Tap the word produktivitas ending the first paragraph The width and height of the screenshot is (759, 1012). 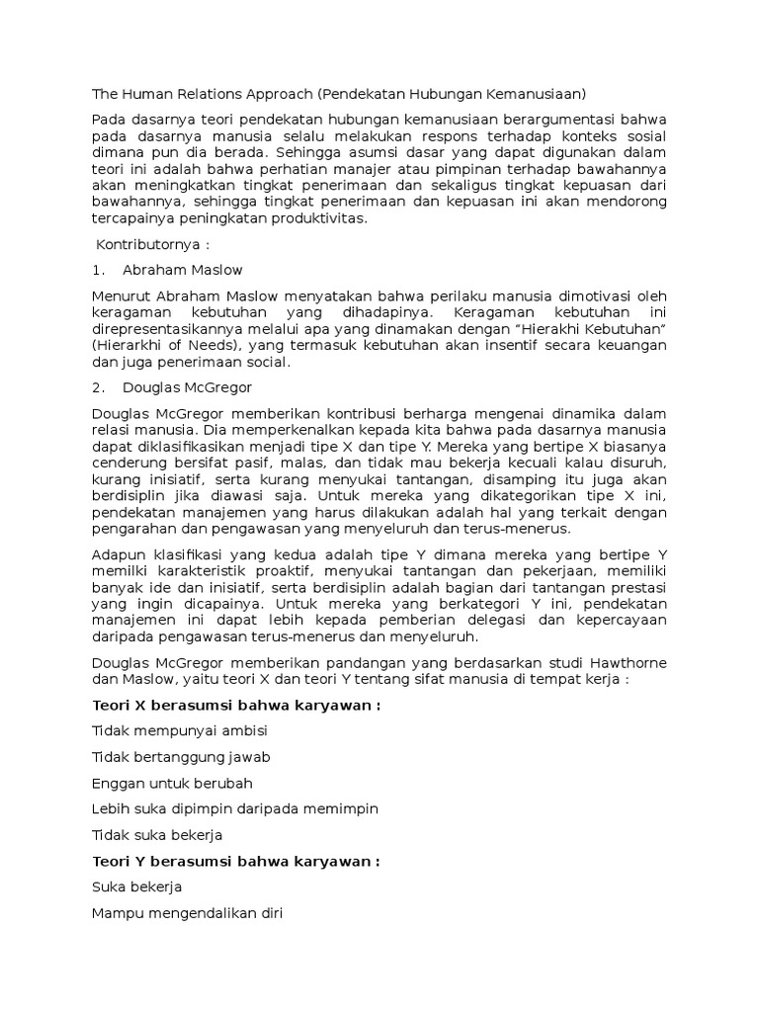[x=317, y=218]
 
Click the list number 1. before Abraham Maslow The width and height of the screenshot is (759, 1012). [x=98, y=269]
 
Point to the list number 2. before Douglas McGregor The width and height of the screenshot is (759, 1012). [x=98, y=387]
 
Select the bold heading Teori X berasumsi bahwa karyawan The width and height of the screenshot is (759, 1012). [x=235, y=706]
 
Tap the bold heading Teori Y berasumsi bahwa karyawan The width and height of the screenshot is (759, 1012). [x=235, y=861]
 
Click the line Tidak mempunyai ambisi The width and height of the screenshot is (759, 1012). [x=179, y=731]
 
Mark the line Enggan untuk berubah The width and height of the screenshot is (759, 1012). [x=173, y=783]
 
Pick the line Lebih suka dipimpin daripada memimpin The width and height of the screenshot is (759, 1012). [x=234, y=808]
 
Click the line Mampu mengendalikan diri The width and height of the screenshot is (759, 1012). [x=187, y=913]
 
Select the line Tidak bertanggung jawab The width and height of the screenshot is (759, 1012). [x=181, y=757]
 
